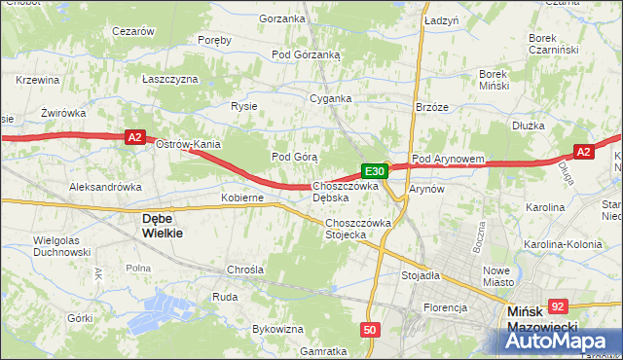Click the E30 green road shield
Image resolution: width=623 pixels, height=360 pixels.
[378, 171]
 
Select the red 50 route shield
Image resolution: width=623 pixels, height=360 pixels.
[369, 330]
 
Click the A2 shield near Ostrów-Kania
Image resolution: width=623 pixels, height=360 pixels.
[135, 139]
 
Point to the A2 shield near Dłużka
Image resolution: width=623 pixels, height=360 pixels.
[583, 152]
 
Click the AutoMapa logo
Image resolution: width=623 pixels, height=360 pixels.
[562, 340]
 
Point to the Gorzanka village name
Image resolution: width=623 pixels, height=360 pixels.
[282, 18]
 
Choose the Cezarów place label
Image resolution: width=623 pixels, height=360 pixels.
[133, 31]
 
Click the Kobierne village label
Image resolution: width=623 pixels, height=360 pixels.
[242, 198]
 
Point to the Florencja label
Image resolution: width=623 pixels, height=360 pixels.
[445, 307]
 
